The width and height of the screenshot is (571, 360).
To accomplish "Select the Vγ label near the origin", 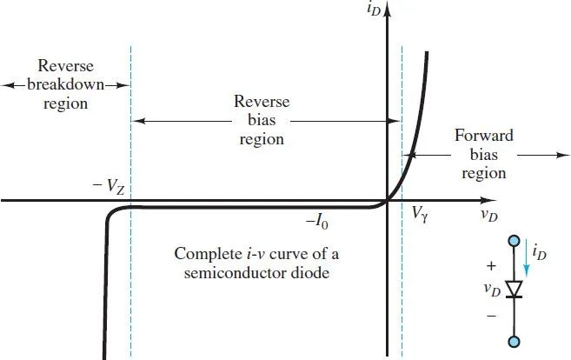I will tap(421, 212).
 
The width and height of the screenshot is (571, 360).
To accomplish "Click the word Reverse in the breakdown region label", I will tap(66, 67).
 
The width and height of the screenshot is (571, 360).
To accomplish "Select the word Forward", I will tap(484, 136).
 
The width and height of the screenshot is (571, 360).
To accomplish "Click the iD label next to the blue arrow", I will tap(541, 254).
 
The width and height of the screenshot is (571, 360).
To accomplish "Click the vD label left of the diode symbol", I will tap(493, 290).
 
